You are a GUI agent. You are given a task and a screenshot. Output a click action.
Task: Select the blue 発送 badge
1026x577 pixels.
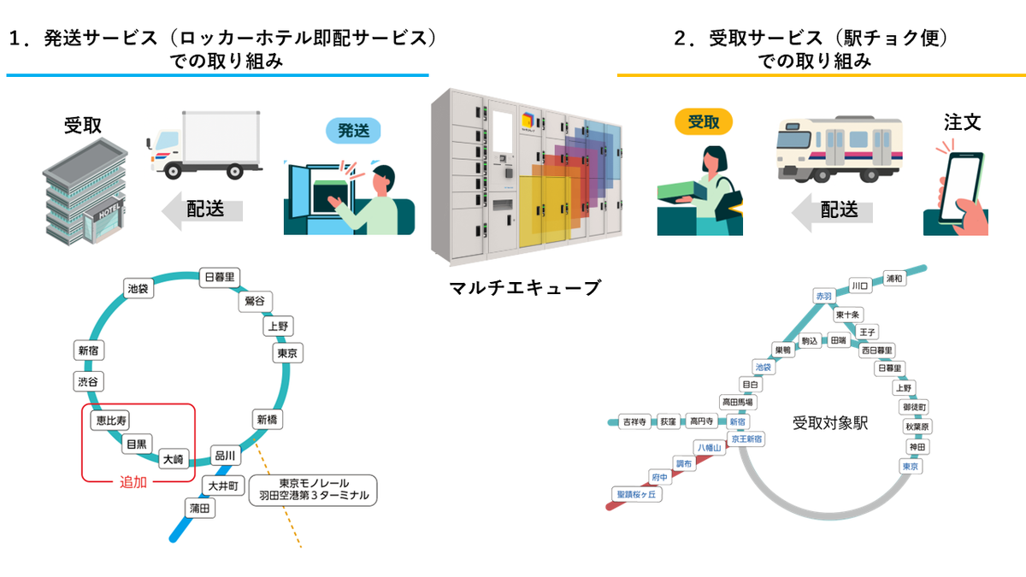(353, 131)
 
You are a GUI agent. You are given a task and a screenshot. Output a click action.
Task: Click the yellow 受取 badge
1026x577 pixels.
(704, 121)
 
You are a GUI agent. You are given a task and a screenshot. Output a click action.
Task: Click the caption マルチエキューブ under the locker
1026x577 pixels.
(525, 288)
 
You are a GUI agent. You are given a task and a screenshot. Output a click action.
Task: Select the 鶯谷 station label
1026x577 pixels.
(255, 301)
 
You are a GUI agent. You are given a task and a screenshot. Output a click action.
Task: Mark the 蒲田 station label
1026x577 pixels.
(202, 509)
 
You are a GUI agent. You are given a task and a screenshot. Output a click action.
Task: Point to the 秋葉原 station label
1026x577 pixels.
(917, 427)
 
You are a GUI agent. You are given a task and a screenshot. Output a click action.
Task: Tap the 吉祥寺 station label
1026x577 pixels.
(634, 421)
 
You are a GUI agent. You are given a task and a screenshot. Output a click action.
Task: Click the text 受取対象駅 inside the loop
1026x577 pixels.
(830, 423)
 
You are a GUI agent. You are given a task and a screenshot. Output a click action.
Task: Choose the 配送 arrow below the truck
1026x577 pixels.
(203, 209)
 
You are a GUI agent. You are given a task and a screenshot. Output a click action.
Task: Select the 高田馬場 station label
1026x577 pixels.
(738, 402)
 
